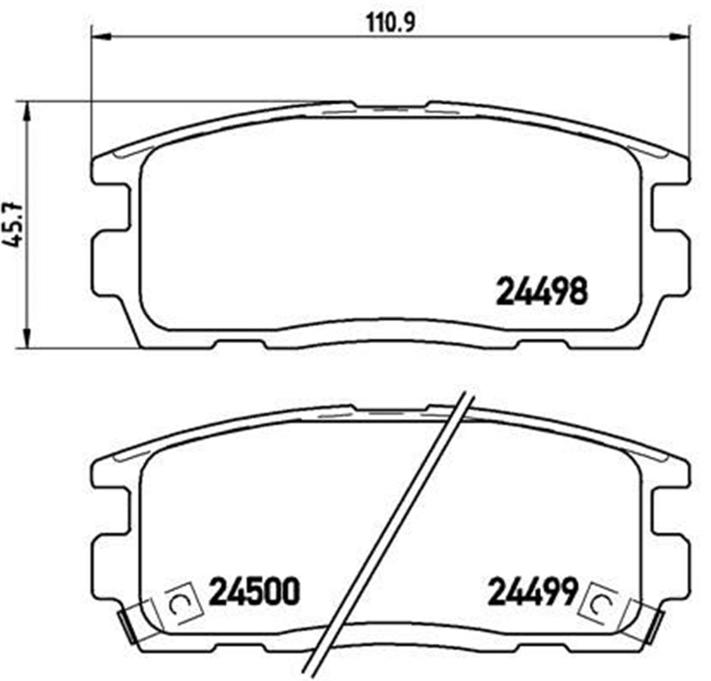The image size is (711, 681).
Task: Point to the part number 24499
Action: point(532,592)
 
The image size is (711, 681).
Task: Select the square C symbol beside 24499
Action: point(598,603)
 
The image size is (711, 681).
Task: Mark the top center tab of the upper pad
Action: point(390,108)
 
